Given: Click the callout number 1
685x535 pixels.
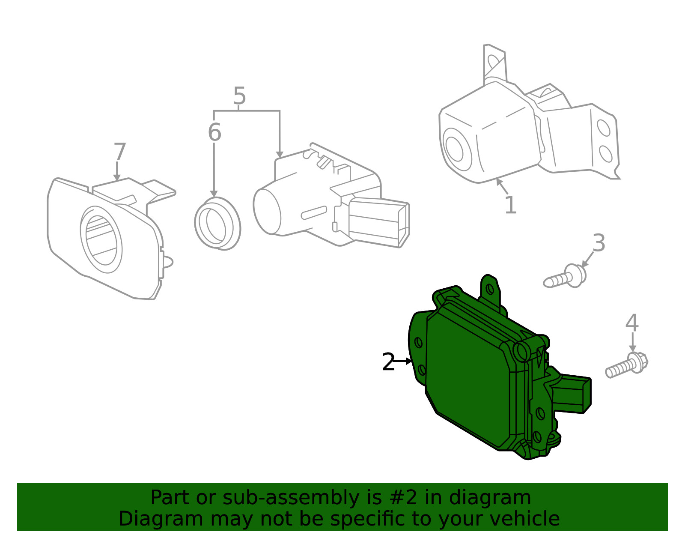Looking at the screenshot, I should tap(510, 205).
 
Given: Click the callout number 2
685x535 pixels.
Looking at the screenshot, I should tap(388, 362).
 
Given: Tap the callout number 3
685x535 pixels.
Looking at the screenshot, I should tap(599, 243).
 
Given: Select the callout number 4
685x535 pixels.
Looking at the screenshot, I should tap(631, 323).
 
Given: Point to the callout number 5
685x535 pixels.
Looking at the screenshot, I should tap(239, 96).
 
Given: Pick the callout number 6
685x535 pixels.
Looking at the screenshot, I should tap(214, 132).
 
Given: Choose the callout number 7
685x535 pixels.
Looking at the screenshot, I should tap(119, 152).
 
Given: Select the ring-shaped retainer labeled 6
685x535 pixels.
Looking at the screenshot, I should tap(217, 224).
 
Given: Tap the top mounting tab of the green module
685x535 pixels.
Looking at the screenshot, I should tap(490, 290).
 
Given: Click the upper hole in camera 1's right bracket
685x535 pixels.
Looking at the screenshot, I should tap(604, 128).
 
